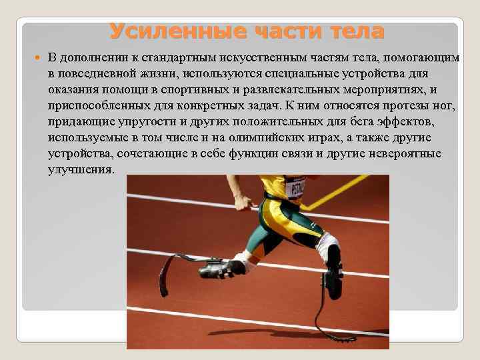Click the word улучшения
point(81,170)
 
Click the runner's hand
point(243,202)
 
